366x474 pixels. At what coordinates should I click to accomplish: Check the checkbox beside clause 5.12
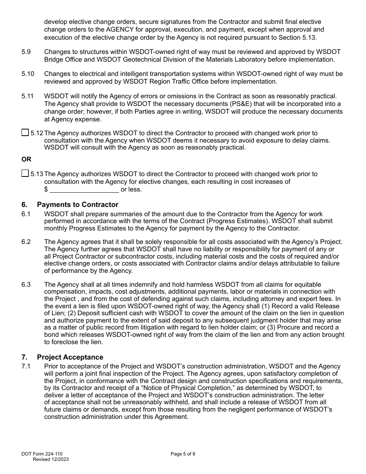point(25,133)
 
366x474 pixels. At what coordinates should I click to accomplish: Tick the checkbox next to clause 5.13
point(25,174)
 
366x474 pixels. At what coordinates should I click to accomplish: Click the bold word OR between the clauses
point(27,159)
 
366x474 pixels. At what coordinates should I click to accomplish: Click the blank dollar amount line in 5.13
point(84,190)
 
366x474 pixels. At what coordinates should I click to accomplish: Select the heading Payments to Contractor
point(77,205)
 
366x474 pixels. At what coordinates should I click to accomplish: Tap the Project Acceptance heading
point(70,357)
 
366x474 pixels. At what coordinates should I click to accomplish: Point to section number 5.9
point(26,52)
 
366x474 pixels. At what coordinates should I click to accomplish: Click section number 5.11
point(28,96)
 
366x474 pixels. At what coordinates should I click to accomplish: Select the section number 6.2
point(26,242)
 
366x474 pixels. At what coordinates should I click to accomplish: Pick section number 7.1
point(26,366)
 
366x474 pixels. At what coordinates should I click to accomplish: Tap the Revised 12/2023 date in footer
point(51,459)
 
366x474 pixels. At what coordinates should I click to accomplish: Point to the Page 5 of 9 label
point(183,454)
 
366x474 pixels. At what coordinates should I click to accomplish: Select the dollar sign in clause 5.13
point(46,190)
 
